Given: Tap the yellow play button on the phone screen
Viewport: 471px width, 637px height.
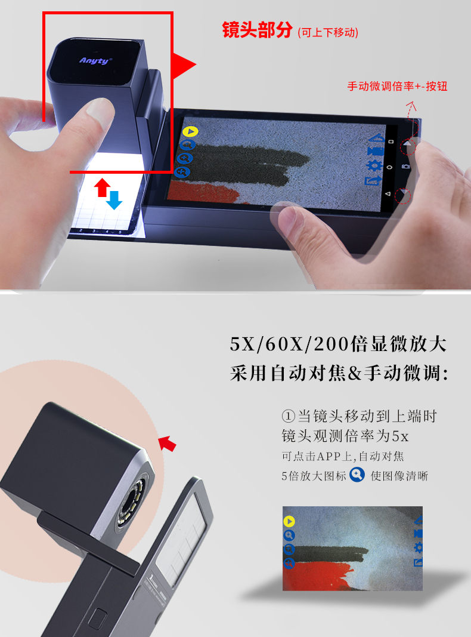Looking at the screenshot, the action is (190, 131).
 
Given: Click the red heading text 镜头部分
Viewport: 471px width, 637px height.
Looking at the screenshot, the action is (257, 30).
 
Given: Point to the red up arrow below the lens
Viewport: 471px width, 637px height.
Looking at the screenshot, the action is (102, 187).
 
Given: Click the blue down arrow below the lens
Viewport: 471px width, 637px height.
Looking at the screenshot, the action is (114, 200).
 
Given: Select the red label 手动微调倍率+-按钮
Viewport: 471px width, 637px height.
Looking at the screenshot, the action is (397, 86).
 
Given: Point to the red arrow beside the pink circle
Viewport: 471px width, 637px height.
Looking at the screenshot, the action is (167, 443).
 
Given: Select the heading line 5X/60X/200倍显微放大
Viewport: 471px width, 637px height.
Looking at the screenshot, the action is (338, 344).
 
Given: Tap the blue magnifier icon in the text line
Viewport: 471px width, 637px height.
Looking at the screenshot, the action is (357, 475).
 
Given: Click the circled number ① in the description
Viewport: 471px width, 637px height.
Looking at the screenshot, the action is (287, 416).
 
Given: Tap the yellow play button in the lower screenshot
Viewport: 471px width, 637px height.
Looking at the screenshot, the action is (289, 521).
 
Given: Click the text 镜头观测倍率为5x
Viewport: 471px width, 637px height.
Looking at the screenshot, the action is (345, 436).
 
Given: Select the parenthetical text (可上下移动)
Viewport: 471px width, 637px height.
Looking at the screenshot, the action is (328, 32).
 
